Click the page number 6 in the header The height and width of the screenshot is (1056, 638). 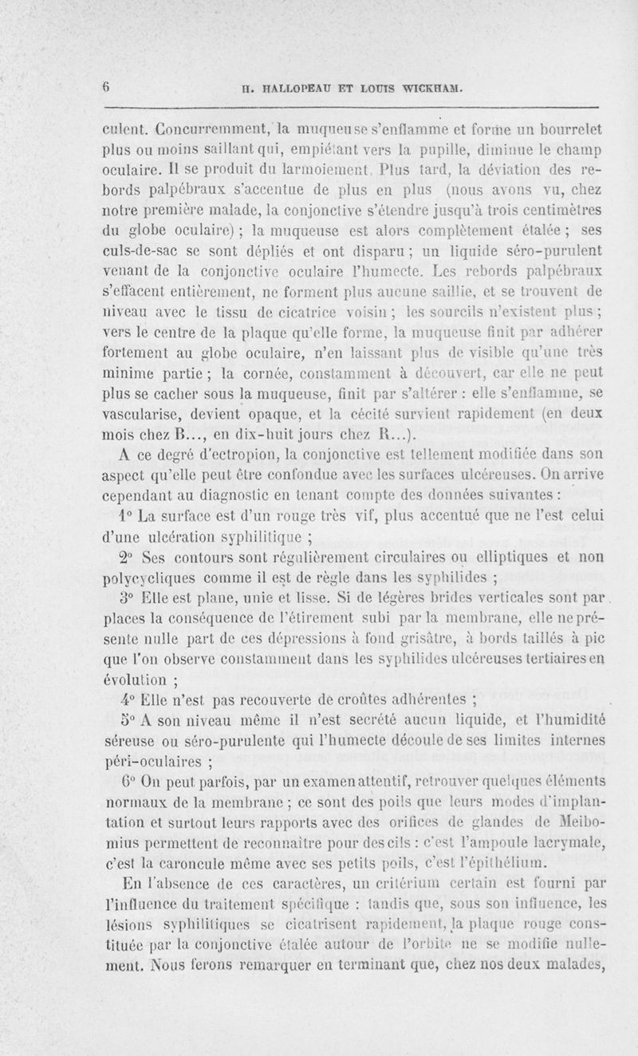pyautogui.click(x=104, y=89)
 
